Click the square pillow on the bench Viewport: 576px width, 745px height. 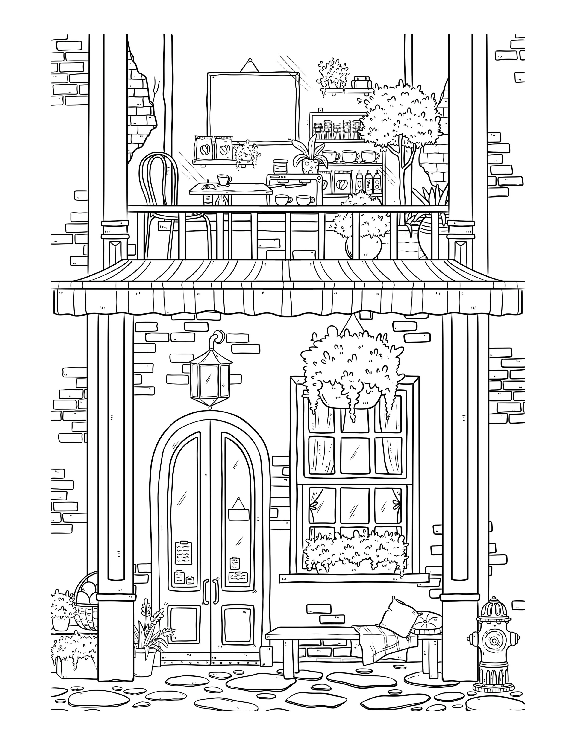point(399,616)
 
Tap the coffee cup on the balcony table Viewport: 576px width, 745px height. point(223,180)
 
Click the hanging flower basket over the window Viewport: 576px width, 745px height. point(351,368)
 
